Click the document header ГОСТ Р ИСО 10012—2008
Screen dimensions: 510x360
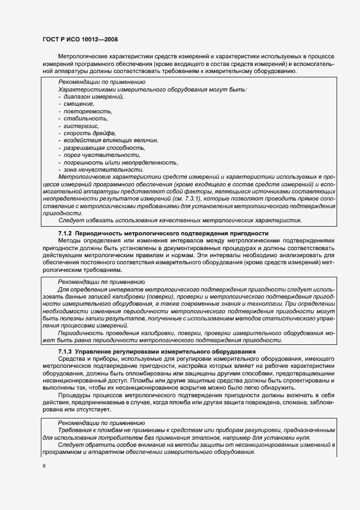80,39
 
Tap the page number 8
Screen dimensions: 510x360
44,466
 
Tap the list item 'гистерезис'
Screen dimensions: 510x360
81,126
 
